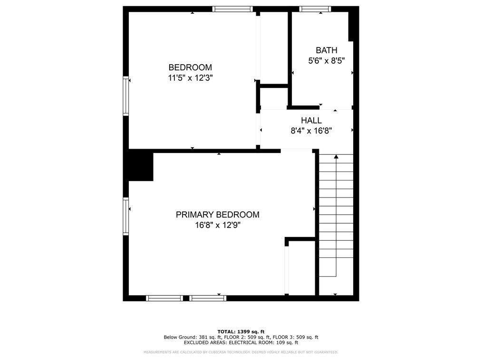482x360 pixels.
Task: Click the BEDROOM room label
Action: [190, 67]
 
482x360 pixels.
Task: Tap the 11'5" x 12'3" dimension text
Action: [190, 78]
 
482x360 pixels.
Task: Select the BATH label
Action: [327, 50]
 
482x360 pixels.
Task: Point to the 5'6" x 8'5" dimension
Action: [327, 61]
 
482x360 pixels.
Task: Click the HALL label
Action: [311, 121]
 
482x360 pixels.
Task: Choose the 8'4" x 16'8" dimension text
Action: [311, 131]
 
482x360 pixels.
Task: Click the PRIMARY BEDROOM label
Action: [218, 215]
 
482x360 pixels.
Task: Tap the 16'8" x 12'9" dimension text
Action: [218, 226]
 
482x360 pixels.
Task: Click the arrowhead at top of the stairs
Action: [336, 156]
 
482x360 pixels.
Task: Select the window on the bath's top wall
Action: [315, 9]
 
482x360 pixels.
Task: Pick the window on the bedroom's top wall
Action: [232, 9]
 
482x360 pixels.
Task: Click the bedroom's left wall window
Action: [126, 96]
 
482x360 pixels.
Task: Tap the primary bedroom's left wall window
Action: [126, 217]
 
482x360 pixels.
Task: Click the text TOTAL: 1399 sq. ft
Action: [241, 332]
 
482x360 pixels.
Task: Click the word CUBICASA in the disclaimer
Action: [219, 352]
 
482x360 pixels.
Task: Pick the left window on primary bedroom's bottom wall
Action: [164, 298]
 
